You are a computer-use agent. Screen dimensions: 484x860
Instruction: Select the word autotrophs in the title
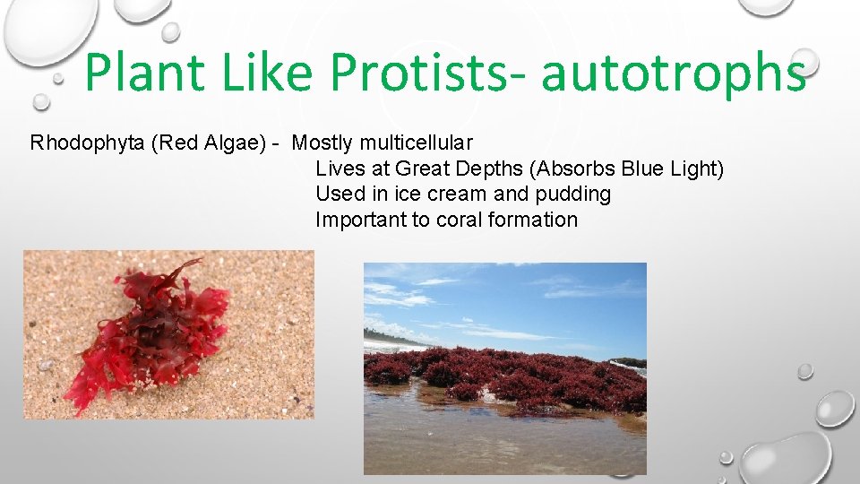point(673,73)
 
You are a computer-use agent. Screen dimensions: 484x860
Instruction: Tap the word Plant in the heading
point(147,73)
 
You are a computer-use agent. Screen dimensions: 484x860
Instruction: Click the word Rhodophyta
point(88,143)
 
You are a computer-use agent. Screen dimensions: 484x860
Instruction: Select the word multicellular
point(417,143)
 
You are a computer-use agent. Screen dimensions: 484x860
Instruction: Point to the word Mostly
point(323,143)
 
